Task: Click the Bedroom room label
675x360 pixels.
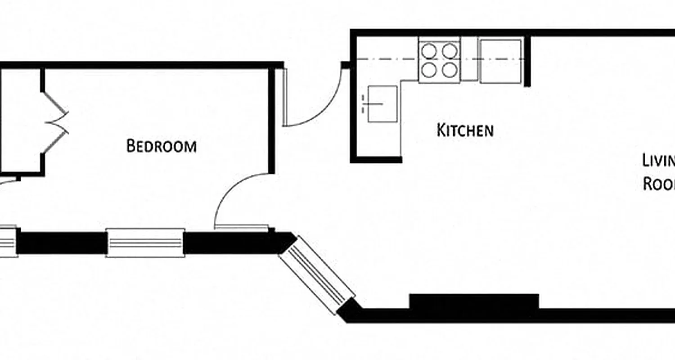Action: pyautogui.click(x=161, y=146)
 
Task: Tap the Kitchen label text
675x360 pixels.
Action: pyautogui.click(x=465, y=130)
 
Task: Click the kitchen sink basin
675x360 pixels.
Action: pyautogui.click(x=382, y=103)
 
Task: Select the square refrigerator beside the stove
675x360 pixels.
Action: pyautogui.click(x=500, y=61)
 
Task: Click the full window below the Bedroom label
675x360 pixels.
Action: pyautogui.click(x=145, y=243)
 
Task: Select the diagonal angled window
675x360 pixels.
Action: pyautogui.click(x=317, y=274)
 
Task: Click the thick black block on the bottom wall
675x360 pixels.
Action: pyautogui.click(x=474, y=301)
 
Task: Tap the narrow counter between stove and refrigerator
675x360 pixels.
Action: pyautogui.click(x=469, y=61)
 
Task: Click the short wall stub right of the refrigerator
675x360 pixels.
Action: pyautogui.click(x=527, y=61)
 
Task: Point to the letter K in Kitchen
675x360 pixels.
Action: pyautogui.click(x=441, y=130)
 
